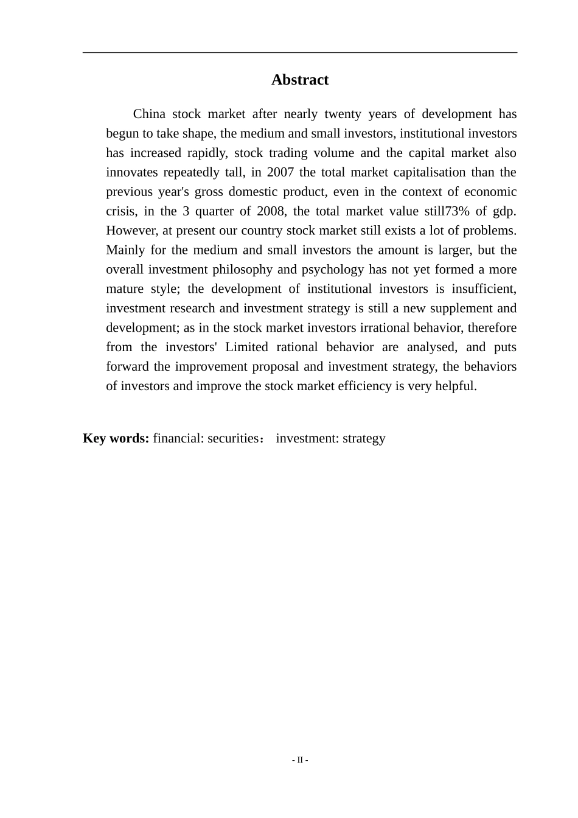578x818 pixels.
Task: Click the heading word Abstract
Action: (x=300, y=80)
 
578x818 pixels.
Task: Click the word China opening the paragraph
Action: (x=149, y=114)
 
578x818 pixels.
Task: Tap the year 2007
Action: (x=280, y=172)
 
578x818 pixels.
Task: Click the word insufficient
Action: (x=484, y=289)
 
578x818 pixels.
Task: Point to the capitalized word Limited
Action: (x=246, y=347)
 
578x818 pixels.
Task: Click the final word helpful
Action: (x=456, y=386)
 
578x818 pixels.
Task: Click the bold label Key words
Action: (x=116, y=438)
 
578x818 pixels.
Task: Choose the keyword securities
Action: (x=234, y=438)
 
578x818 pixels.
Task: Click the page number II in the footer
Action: (x=300, y=760)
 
